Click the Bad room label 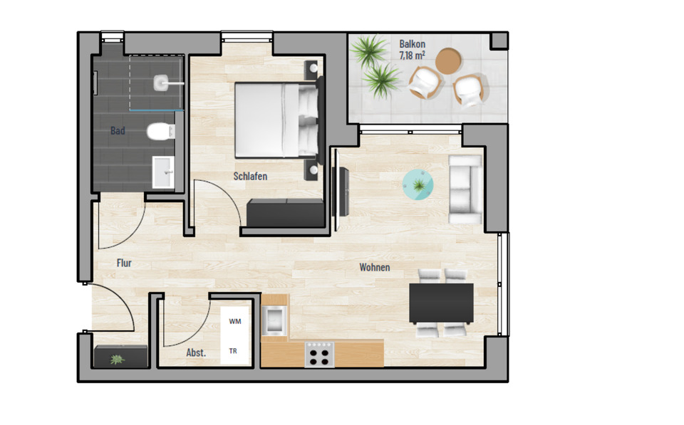(x=118, y=131)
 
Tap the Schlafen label (x=250, y=176)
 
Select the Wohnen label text (x=374, y=268)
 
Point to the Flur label (x=124, y=263)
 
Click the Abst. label (x=196, y=352)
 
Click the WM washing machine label (x=234, y=322)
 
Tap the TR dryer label (x=233, y=351)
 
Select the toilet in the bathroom (x=160, y=132)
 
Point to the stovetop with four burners (x=319, y=354)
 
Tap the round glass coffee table (x=419, y=185)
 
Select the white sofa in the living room (x=465, y=190)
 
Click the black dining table (x=442, y=303)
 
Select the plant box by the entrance (x=120, y=357)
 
